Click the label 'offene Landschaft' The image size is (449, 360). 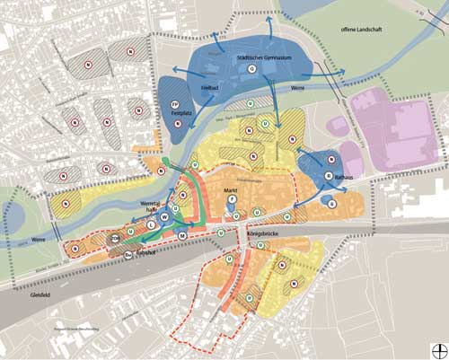pyautogui.click(x=358, y=31)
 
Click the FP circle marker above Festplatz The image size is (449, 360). pyautogui.click(x=177, y=105)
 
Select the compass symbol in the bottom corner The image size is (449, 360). pyautogui.click(x=437, y=348)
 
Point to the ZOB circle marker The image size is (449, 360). pyautogui.click(x=116, y=237)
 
